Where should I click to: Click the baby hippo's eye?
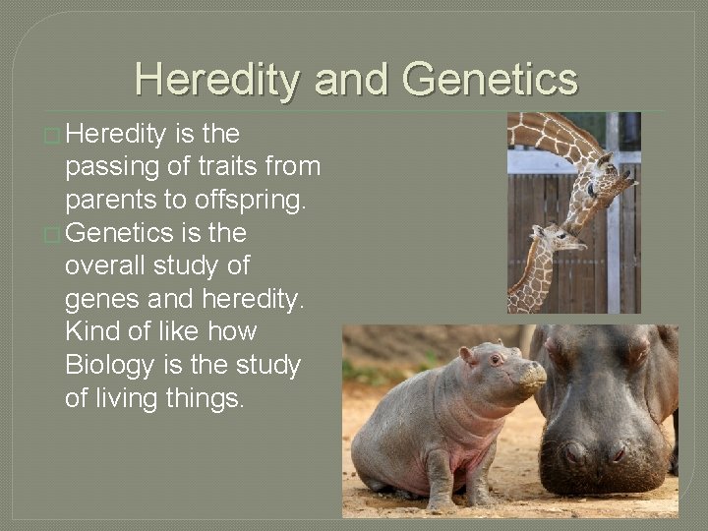coord(495,360)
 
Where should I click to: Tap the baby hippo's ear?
coord(467,353)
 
